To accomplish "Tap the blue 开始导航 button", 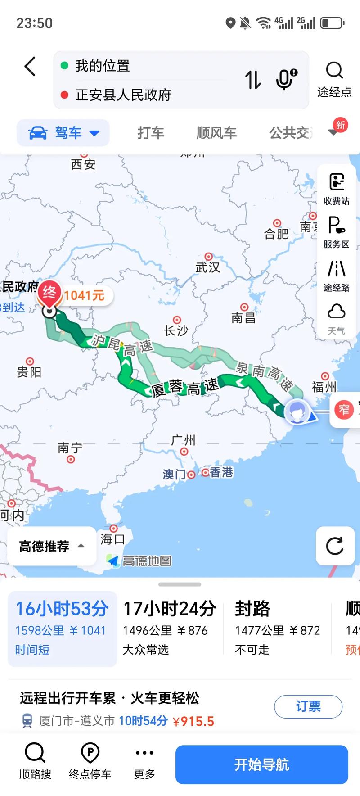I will [261, 764].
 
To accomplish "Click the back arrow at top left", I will [30, 67].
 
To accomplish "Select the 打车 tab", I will [151, 133].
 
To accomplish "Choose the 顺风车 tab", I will [216, 133].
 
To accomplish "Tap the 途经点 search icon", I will [334, 71].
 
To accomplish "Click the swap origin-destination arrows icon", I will [253, 80].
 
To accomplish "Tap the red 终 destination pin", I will [49, 293].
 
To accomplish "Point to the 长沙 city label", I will [176, 330].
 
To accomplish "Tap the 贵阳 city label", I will [29, 372].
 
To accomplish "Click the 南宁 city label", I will [70, 448].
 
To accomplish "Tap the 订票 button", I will [308, 706].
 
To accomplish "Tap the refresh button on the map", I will [335, 546].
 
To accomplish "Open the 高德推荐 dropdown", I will [51, 546].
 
